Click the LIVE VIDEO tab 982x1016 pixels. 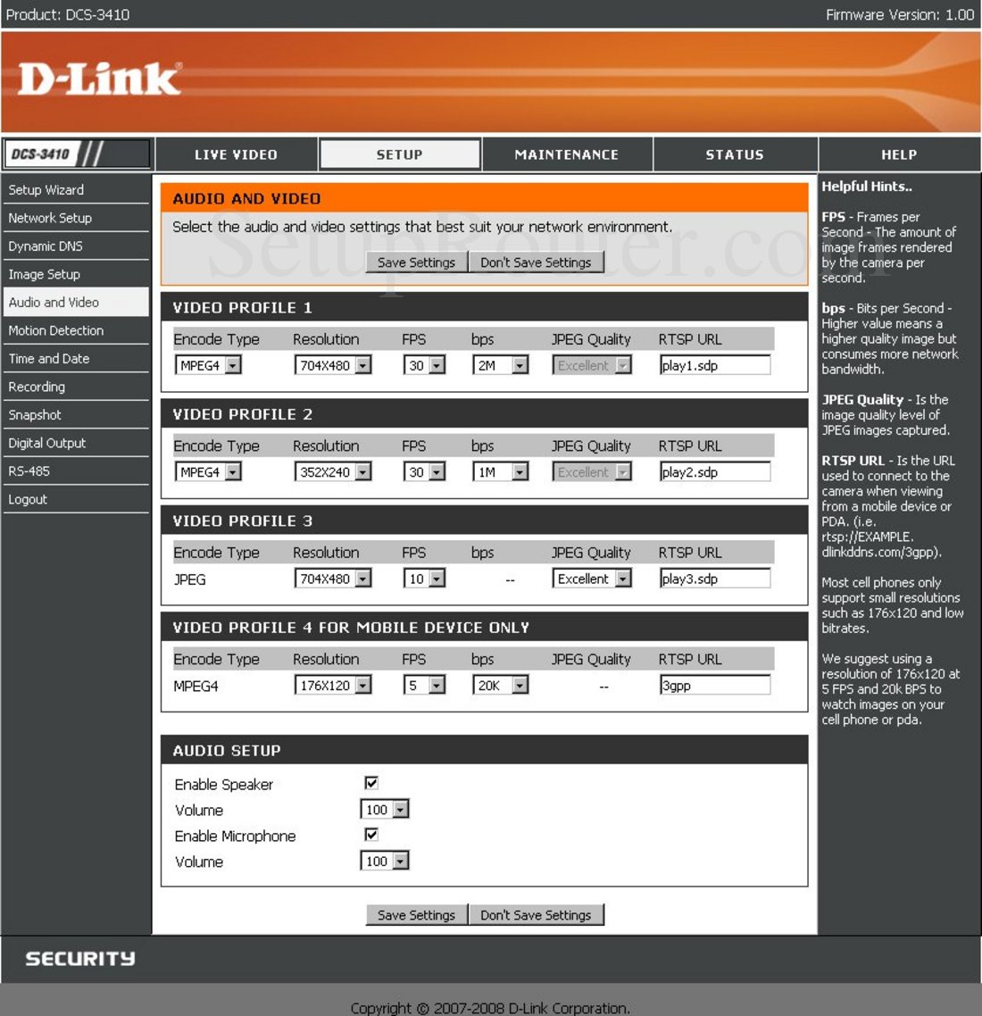point(236,154)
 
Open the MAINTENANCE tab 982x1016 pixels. point(567,154)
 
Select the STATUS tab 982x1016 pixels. point(735,154)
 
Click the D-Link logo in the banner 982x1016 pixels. point(99,79)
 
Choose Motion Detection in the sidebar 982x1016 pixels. point(56,330)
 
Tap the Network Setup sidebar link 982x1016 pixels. point(50,218)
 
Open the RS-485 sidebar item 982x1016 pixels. point(29,471)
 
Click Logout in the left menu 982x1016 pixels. point(28,499)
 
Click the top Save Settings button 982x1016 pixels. point(416,262)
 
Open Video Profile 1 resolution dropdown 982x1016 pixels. point(333,365)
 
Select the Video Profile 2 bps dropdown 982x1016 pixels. point(501,471)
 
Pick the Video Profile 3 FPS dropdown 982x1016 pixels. point(425,579)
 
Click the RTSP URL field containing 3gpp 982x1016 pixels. point(715,686)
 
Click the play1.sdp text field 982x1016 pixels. point(715,365)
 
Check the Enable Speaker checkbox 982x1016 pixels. point(371,783)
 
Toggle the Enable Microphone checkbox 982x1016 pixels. point(371,835)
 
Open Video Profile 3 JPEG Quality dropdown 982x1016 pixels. point(592,579)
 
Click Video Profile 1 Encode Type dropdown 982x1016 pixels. point(208,365)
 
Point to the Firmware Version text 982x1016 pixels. point(900,14)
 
